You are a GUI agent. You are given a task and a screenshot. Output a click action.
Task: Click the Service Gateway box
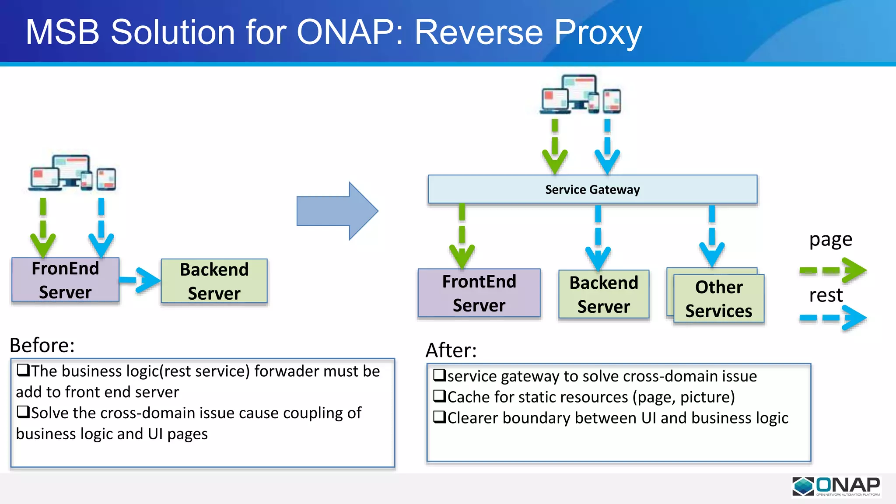592,189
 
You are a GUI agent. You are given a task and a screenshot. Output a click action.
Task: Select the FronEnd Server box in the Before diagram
65,280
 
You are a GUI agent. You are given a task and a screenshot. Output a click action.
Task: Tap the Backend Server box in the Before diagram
214,281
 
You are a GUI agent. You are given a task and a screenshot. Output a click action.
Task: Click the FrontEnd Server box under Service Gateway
479,293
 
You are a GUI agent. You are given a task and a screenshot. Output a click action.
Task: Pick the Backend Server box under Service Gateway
604,294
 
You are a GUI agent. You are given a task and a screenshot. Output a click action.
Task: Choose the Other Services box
719,298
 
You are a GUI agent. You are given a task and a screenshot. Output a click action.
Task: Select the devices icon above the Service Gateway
581,94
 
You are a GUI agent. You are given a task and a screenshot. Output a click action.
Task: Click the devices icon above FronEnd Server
73,173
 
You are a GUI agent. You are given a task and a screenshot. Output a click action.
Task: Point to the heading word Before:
42,345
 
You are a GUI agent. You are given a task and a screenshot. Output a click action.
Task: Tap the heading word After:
451,350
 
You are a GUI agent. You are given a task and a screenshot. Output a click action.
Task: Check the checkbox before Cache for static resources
439,396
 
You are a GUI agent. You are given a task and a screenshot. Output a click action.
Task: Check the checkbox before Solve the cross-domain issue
23,412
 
